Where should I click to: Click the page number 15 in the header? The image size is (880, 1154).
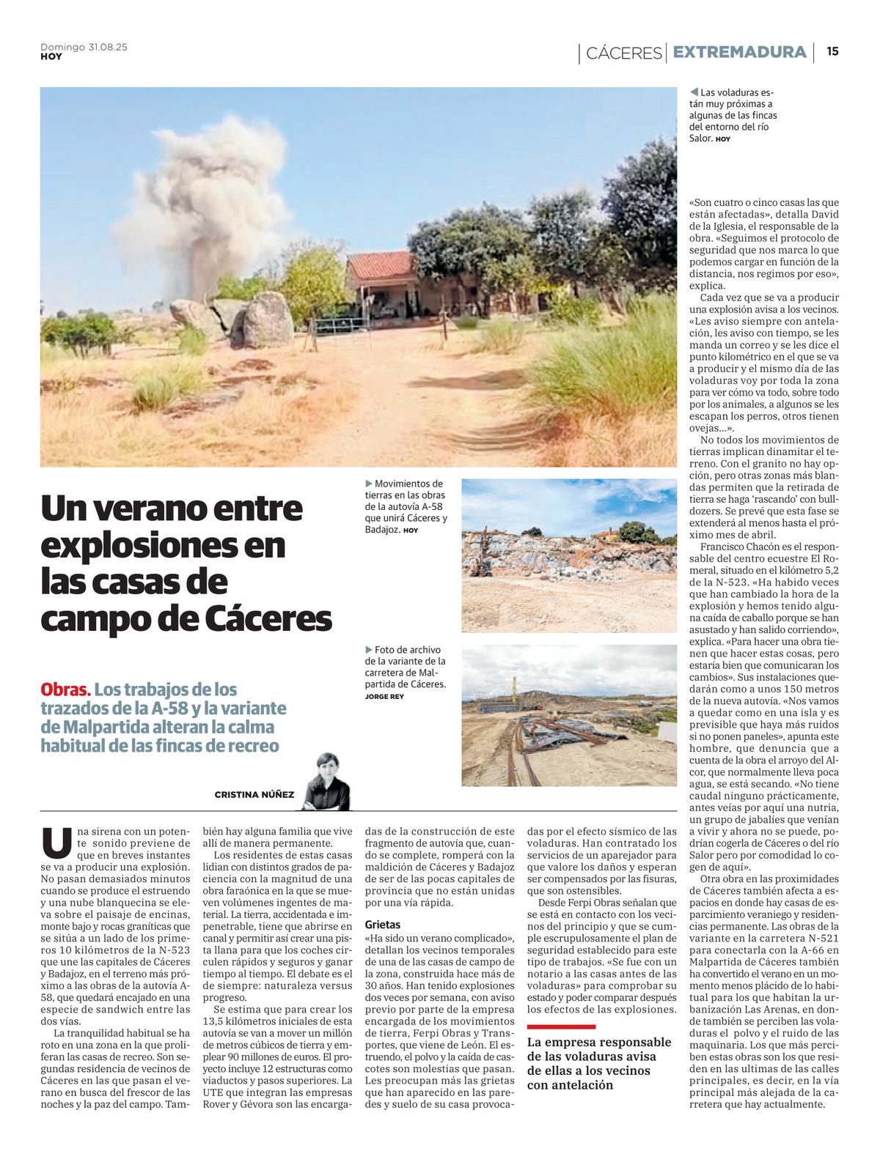point(832,51)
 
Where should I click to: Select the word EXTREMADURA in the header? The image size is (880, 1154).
point(739,52)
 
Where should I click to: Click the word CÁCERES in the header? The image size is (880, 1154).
point(624,53)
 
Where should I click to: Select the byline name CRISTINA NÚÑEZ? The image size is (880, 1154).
point(254,795)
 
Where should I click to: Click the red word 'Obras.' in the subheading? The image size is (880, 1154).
point(66,689)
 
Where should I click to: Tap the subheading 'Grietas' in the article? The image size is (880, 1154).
point(383,925)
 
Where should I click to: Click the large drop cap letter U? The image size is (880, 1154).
point(56,843)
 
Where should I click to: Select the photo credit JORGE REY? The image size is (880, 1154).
point(384,696)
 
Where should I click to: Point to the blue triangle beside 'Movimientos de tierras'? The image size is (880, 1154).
point(369,484)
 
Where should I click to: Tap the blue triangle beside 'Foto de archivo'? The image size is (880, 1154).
point(369,649)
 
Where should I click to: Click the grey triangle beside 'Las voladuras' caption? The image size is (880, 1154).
point(694,92)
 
